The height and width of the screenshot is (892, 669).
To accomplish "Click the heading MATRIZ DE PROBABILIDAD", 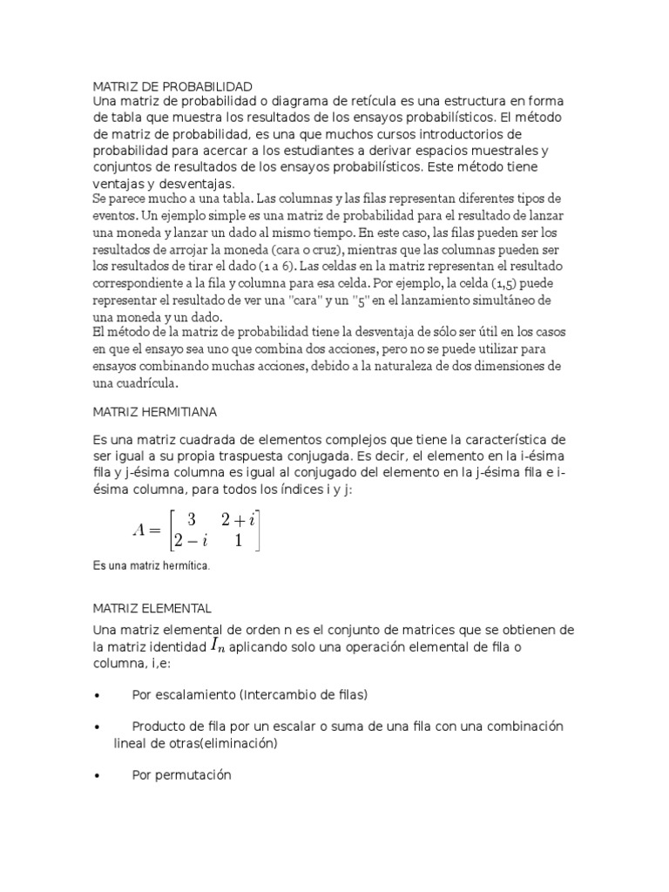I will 172,86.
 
